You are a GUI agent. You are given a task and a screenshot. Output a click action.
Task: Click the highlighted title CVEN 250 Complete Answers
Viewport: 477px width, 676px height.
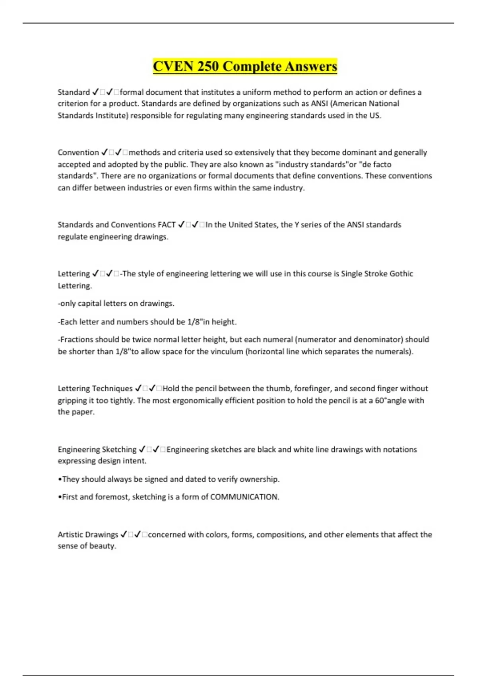tap(245, 66)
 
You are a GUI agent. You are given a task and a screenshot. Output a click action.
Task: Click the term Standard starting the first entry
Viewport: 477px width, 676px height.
tap(74, 92)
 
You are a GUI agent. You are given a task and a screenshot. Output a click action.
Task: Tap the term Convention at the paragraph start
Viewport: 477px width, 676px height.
tap(78, 153)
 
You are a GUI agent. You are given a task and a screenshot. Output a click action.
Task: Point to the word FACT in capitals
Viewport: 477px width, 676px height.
tap(167, 225)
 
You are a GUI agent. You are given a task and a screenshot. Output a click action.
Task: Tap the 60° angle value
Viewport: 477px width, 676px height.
tap(381, 400)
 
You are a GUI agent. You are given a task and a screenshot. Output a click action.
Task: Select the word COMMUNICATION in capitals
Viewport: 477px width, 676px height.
tap(244, 497)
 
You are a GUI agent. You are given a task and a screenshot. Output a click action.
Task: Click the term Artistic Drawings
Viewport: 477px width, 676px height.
tap(88, 534)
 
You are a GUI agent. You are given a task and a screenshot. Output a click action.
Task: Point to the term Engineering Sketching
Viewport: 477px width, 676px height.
tap(97, 449)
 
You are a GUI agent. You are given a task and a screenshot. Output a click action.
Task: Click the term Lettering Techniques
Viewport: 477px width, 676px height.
tap(95, 389)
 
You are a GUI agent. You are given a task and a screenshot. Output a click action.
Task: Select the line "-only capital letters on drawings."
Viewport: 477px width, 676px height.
tap(116, 303)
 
